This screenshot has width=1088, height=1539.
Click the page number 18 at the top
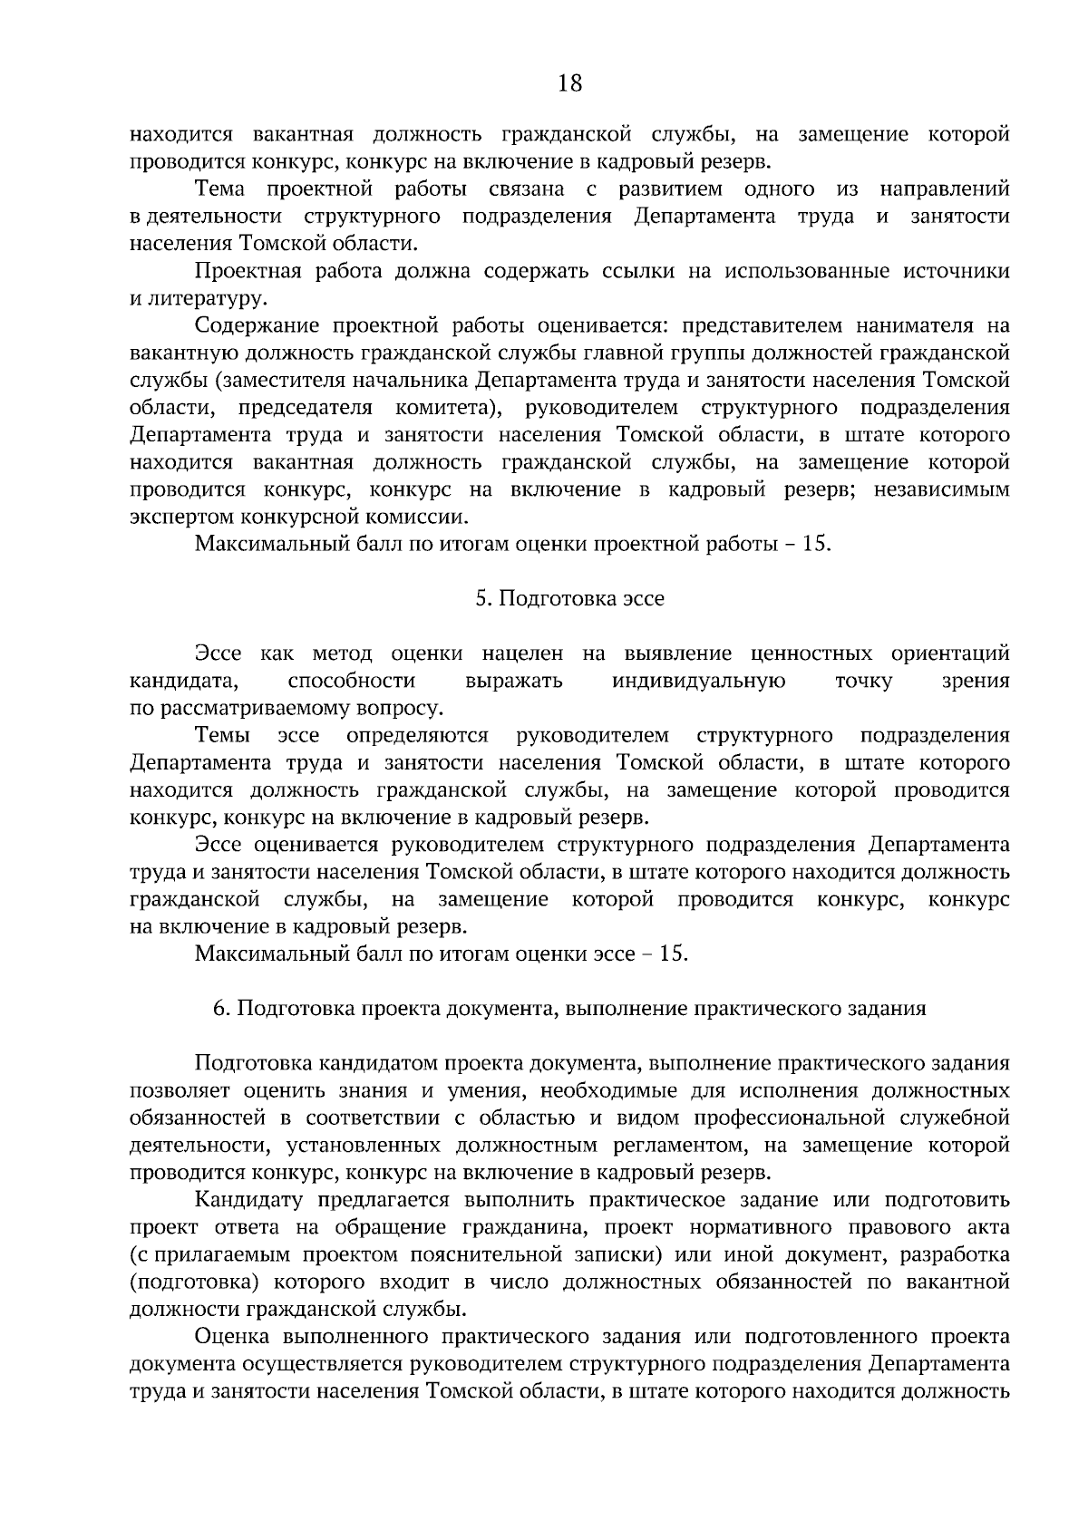click(x=570, y=83)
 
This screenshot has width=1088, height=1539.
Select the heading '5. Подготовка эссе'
click(x=569, y=599)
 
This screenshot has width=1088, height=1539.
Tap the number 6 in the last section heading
click(x=218, y=1009)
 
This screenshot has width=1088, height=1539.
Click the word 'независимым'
click(x=946, y=489)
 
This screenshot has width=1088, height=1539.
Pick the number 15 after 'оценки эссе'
click(x=674, y=954)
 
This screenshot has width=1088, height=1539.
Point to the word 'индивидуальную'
click(x=699, y=681)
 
